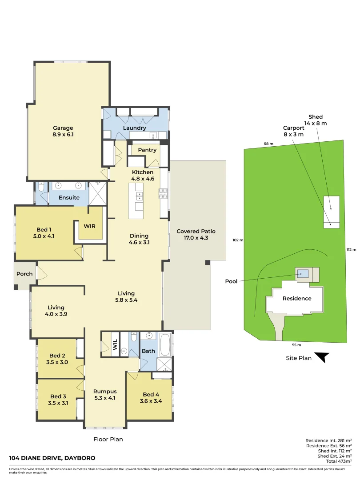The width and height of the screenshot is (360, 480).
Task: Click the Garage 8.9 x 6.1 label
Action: [63, 131]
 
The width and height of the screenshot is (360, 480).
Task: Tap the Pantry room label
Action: [147, 150]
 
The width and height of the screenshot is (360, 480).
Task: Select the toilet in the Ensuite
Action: [41, 190]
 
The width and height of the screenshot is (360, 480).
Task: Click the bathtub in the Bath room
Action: [165, 345]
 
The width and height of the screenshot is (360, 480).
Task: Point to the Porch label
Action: [24, 274]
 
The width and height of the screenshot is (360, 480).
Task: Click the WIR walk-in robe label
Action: [90, 226]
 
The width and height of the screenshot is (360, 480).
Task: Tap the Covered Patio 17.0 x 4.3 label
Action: [196, 235]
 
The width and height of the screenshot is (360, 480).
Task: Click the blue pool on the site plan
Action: [303, 273]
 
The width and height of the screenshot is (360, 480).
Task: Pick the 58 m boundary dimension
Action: [268, 144]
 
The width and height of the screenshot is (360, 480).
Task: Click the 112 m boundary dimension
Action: [351, 250]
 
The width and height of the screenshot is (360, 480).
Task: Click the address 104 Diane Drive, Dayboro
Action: [52, 458]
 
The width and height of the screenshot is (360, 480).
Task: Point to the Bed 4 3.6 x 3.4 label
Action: [151, 398]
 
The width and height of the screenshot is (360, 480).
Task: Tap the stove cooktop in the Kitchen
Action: [163, 193]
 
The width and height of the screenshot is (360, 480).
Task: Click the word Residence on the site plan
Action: [297, 298]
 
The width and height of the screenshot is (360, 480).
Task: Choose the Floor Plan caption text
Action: [108, 440]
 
